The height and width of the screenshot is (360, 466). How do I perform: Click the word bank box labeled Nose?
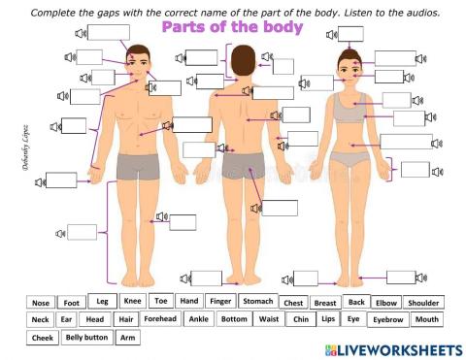pos(40,302)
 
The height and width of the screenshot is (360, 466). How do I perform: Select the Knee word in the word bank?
pos(133,301)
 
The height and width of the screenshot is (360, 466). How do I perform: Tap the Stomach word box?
pos(257,301)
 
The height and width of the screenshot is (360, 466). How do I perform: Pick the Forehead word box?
pos(160,318)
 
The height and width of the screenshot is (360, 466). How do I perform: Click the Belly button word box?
pos(86,338)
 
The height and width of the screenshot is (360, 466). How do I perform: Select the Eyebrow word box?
pos(388,319)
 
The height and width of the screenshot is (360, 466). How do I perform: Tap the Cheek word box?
pos(43,339)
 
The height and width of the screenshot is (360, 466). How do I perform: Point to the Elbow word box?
pos(386,302)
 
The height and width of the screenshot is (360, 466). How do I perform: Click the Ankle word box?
pos(199,318)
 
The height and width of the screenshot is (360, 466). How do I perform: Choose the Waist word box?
pos(269,318)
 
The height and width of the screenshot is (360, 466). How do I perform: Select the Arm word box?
pos(126,339)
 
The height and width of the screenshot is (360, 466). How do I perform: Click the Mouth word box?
pos(425,319)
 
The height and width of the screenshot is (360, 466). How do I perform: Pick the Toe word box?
pos(161,301)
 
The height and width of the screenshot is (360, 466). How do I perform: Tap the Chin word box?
pos(300,319)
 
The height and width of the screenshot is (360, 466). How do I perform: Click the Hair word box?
pos(125,319)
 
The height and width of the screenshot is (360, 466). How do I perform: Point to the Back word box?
pos(356,302)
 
